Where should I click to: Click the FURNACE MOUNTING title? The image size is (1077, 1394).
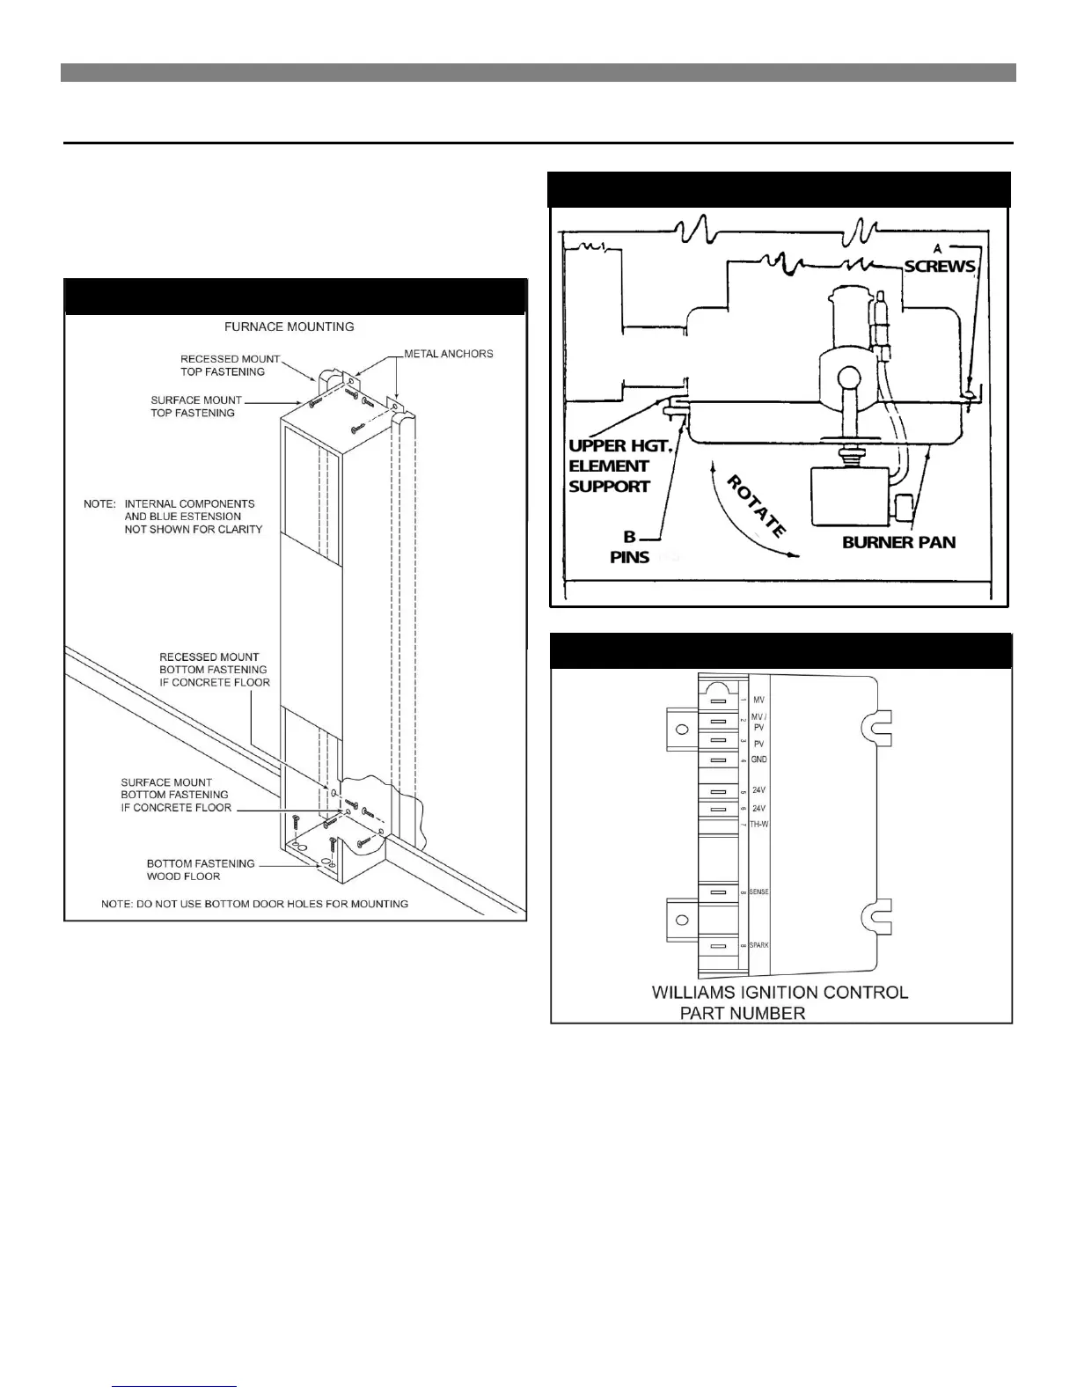[x=289, y=326]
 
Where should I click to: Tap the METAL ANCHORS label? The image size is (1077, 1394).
[x=449, y=354]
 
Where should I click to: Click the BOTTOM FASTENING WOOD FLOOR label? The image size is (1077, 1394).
[x=201, y=869]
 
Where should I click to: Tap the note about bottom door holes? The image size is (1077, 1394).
[x=254, y=904]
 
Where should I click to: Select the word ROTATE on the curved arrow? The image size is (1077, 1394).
[x=756, y=507]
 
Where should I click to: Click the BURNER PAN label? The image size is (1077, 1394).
[x=898, y=542]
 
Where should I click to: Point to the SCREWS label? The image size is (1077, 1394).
[x=940, y=266]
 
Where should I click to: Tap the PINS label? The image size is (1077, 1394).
[x=629, y=556]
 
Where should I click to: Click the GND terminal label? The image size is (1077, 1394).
[x=759, y=759]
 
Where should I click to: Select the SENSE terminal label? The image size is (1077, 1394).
[x=758, y=892]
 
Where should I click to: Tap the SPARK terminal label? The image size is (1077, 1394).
[x=758, y=945]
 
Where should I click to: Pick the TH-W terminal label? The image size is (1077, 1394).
[x=758, y=824]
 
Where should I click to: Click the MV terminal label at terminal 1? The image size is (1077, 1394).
[x=758, y=700]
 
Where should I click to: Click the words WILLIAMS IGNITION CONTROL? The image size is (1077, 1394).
[x=780, y=993]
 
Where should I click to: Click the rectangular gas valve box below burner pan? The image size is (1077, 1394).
[x=848, y=497]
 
